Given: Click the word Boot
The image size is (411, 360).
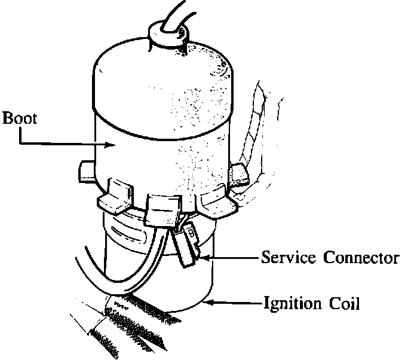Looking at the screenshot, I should coord(20,117).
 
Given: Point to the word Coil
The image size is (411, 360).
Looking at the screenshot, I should coord(345,303).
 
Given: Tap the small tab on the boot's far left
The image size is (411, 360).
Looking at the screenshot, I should coord(85,170).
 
